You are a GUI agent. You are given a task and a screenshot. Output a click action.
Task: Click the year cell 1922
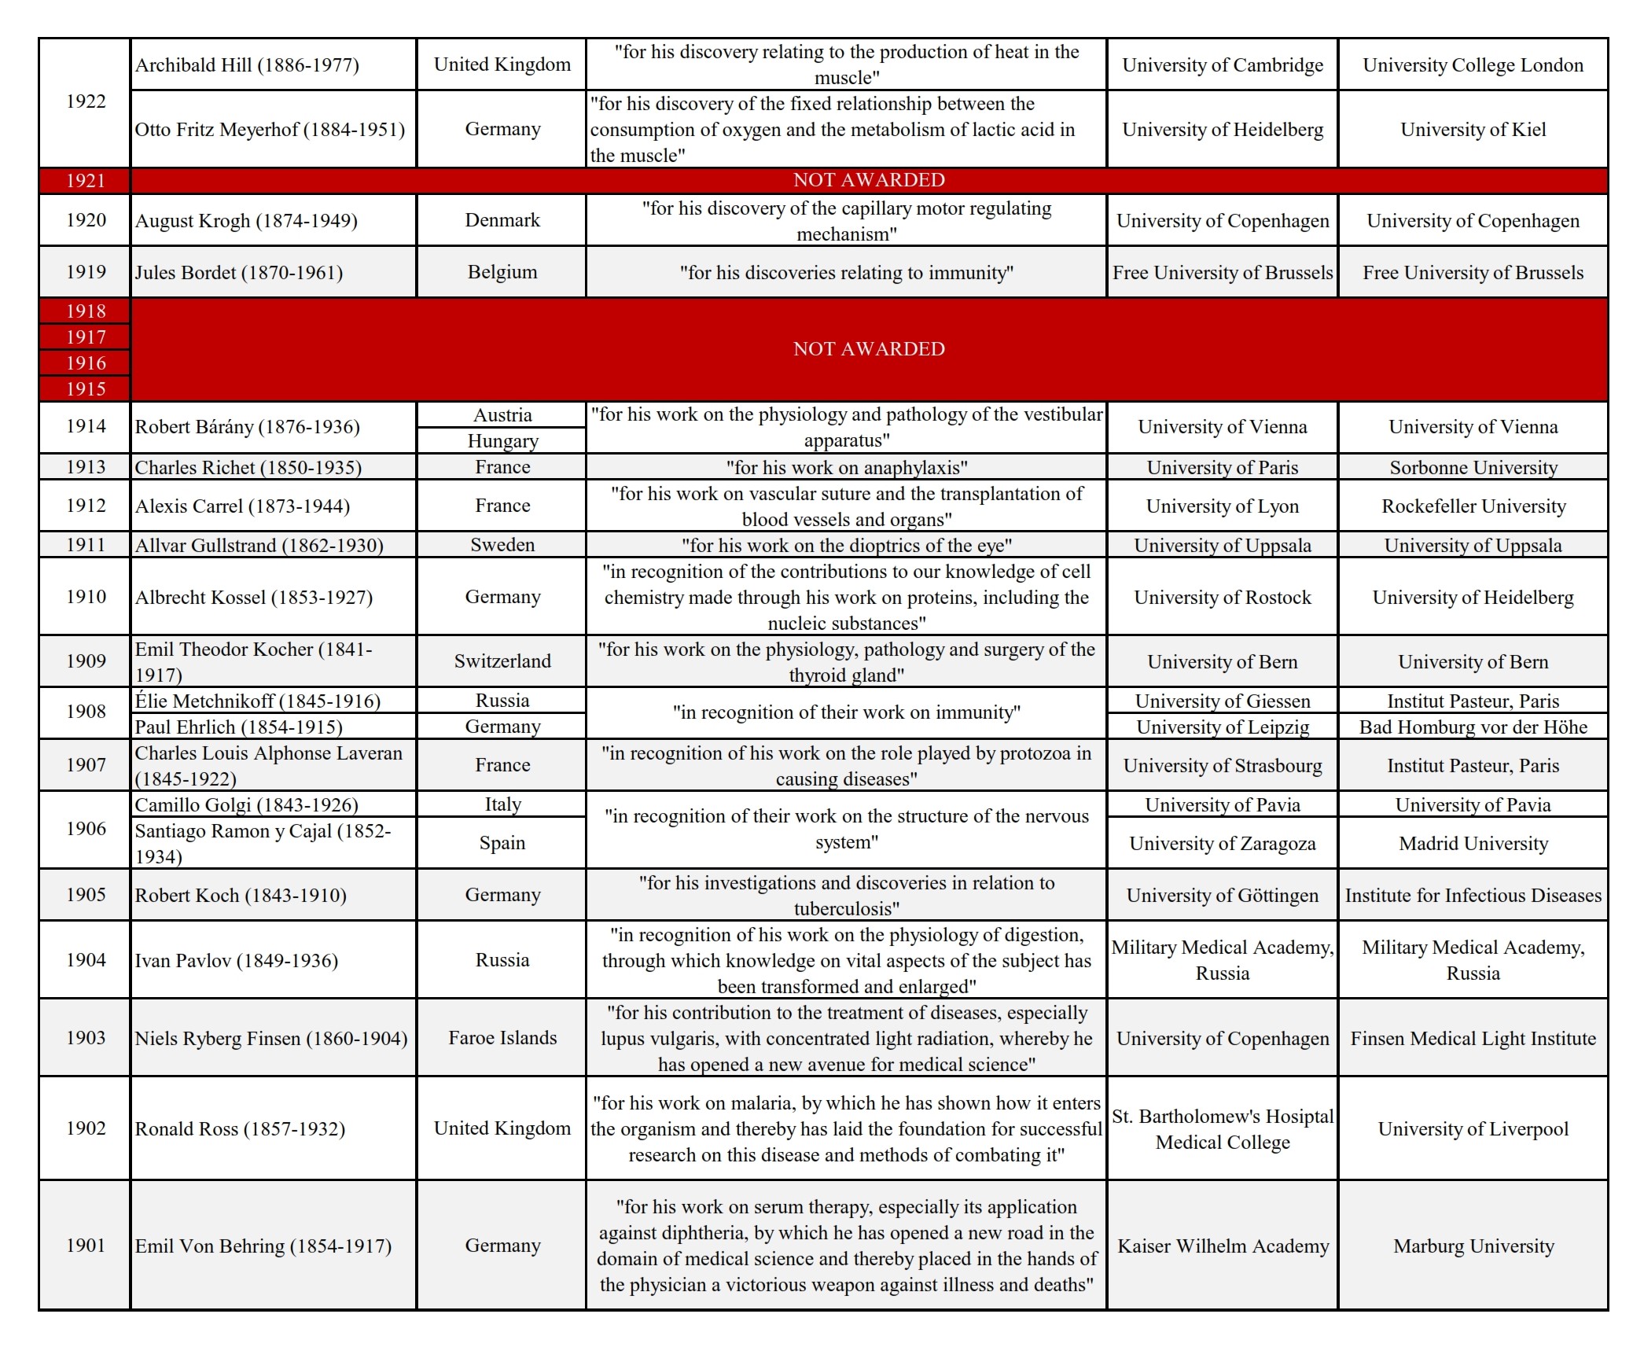(85, 101)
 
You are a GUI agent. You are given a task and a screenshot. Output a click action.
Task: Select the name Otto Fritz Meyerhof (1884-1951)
(270, 129)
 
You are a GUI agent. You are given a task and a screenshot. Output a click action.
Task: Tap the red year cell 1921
(85, 180)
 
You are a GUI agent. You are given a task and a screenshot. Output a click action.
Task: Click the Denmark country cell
(502, 220)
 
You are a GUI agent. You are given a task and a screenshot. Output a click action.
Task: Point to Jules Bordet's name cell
(238, 272)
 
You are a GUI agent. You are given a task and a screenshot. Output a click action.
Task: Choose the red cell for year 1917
(85, 337)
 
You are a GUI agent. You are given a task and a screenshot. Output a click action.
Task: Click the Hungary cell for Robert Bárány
(502, 440)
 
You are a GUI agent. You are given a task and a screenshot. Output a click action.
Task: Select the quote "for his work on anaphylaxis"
(846, 467)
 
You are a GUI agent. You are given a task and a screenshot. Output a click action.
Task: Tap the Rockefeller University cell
(1473, 506)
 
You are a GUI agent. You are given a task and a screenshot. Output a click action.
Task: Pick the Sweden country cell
(502, 545)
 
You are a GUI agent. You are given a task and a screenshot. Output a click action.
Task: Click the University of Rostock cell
(1222, 597)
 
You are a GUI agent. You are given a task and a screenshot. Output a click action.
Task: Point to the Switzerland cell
(502, 661)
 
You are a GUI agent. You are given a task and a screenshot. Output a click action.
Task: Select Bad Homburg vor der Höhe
(1473, 727)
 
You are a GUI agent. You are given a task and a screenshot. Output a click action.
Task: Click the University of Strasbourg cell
(1222, 765)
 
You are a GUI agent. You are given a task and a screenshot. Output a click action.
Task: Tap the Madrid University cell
(1473, 843)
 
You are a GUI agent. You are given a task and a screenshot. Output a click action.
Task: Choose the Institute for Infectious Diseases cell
(1473, 895)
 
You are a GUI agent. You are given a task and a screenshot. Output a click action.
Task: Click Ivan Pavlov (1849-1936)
(236, 960)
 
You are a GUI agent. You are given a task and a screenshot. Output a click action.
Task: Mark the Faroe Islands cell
(502, 1038)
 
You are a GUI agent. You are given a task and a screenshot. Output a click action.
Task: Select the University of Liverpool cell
(1473, 1128)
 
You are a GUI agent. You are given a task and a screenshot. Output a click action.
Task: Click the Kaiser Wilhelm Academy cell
(1222, 1246)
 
